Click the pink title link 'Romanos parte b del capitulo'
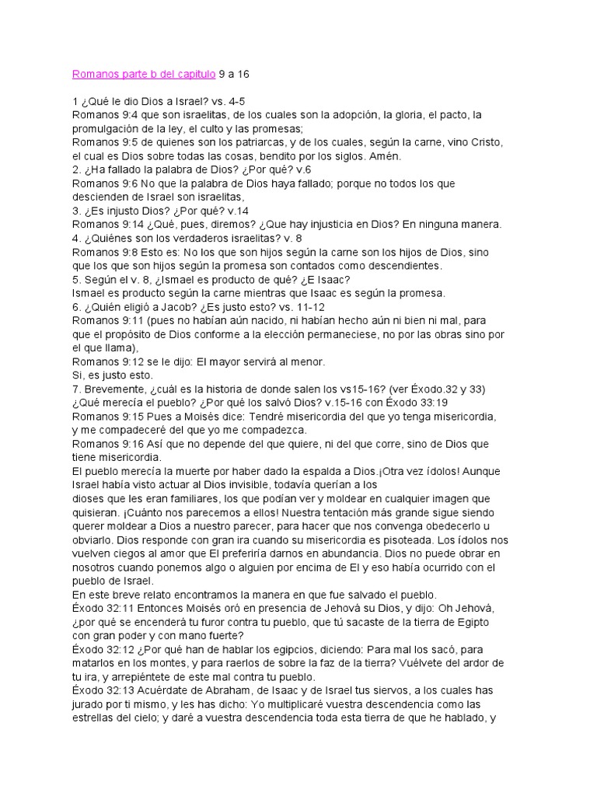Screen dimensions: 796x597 point(145,75)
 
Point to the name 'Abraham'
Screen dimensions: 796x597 point(225,690)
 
